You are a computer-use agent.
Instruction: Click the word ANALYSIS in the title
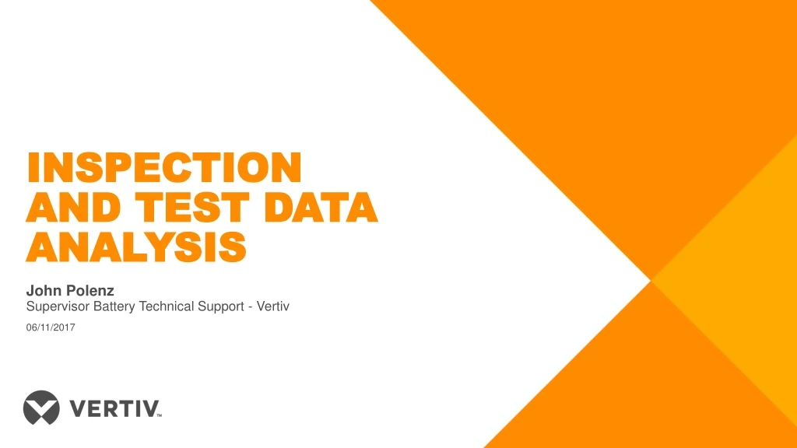[x=136, y=247]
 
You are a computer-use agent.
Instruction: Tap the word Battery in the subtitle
[x=114, y=307]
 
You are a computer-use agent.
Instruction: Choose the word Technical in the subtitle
[x=167, y=307]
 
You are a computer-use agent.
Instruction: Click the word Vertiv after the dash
[x=274, y=307]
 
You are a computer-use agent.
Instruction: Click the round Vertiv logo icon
[x=41, y=408]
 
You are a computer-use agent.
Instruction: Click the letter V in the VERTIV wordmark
[x=79, y=408]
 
